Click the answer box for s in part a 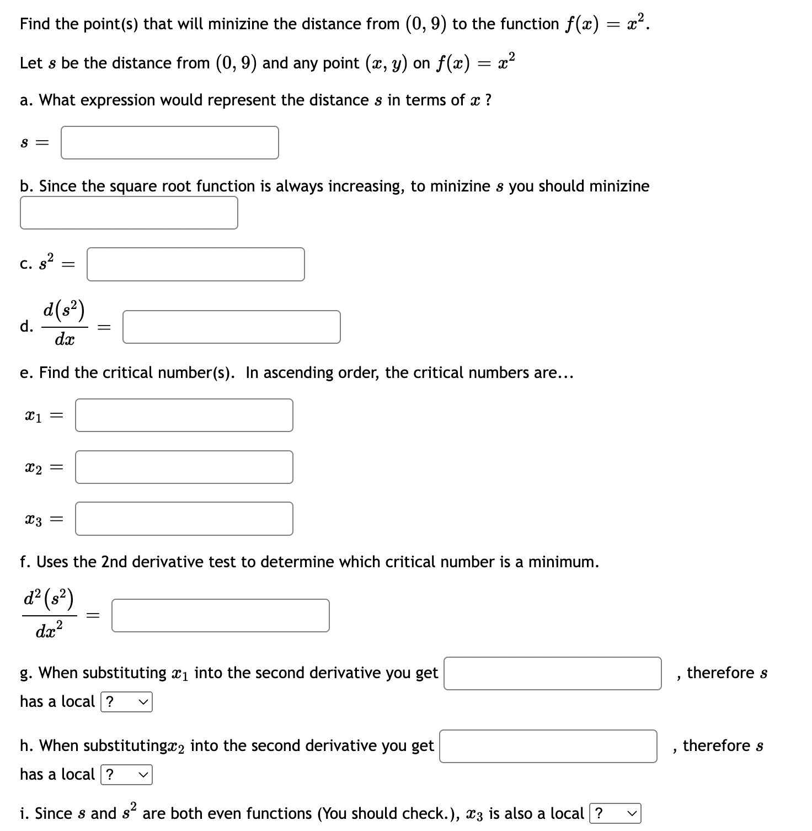point(169,143)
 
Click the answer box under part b point(129,213)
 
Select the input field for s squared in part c point(195,264)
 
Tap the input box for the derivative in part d point(231,327)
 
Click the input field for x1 point(184,415)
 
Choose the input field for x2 point(184,467)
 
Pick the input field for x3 point(184,519)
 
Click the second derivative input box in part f point(220,616)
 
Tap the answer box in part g point(552,674)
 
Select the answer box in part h point(548,747)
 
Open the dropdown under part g point(126,702)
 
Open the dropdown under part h point(126,775)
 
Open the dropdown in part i point(615,814)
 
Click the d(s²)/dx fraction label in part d point(65,326)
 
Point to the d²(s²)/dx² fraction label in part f point(50,614)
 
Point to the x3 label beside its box point(34,519)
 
